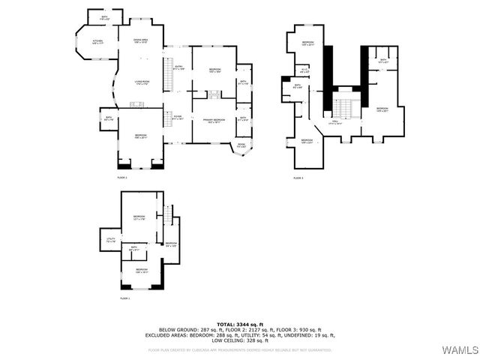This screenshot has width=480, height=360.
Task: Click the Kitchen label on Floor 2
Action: click(x=97, y=41)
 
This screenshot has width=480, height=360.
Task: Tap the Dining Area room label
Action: click(x=140, y=41)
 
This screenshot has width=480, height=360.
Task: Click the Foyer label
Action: click(x=178, y=118)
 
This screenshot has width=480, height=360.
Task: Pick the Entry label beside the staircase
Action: click(x=178, y=67)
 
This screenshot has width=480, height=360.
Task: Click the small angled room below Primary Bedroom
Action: click(x=241, y=145)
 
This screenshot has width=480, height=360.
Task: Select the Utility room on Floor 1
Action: click(x=111, y=241)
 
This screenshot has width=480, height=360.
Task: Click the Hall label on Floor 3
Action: click(x=336, y=121)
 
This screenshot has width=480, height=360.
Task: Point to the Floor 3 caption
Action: click(x=298, y=178)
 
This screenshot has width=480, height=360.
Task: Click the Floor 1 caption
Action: click(x=124, y=298)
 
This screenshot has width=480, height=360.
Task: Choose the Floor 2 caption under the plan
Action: click(x=122, y=178)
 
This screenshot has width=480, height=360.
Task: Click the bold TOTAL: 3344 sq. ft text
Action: click(x=239, y=324)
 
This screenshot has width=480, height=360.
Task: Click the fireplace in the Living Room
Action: click(x=138, y=104)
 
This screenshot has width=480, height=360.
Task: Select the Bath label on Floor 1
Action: click(x=134, y=247)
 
